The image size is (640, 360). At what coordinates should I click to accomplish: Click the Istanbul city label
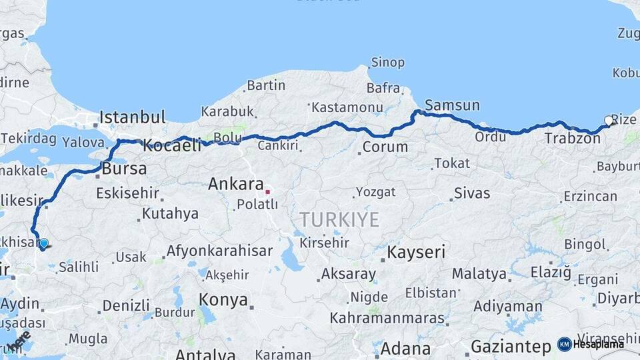(133, 118)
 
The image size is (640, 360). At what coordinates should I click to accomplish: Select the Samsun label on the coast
(452, 105)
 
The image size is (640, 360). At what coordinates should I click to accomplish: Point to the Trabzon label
(573, 139)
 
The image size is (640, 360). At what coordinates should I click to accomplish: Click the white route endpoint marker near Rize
(608, 121)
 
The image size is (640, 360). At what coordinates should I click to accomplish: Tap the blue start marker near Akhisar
(43, 244)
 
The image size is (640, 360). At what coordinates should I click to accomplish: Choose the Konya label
(223, 300)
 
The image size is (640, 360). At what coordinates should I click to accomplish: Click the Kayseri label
(416, 252)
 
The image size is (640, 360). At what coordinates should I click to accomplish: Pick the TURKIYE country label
(339, 219)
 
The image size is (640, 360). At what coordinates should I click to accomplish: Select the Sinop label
(387, 63)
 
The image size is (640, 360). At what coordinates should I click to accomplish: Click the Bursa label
(124, 169)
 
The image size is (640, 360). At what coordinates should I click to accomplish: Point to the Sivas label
(472, 193)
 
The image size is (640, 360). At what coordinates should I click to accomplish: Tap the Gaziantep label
(511, 347)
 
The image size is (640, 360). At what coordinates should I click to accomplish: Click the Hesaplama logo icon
(564, 344)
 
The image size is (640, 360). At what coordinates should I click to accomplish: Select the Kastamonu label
(347, 107)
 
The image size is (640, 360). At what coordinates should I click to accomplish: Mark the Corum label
(385, 147)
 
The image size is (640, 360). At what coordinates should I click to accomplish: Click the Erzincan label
(590, 196)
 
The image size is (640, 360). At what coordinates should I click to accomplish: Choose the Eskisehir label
(128, 193)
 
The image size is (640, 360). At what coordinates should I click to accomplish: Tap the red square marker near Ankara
(267, 192)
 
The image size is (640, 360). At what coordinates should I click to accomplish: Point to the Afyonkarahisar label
(219, 251)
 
